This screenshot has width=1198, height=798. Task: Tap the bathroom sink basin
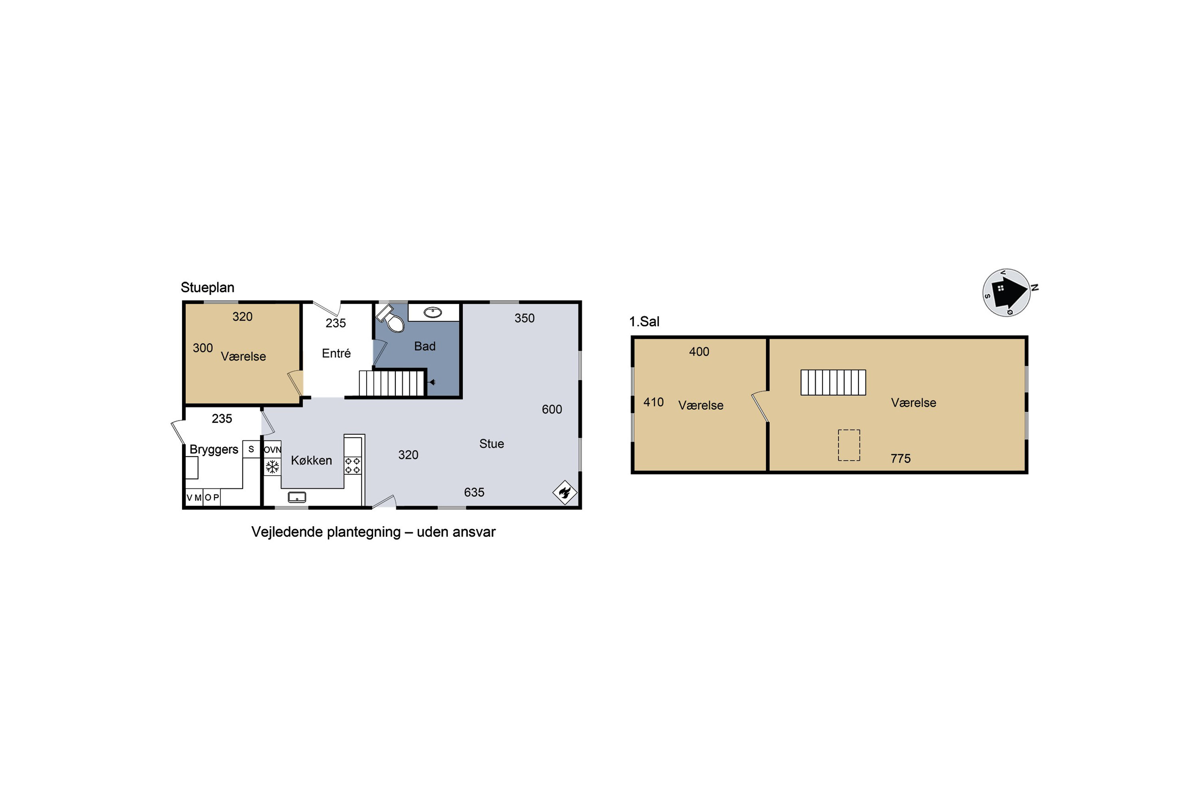433,312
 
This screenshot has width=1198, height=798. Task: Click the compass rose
1007,292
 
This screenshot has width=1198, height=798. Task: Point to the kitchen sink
297,497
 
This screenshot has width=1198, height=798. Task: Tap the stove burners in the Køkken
353,465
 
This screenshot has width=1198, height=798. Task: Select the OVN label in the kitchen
272,449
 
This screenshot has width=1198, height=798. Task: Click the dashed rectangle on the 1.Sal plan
849,445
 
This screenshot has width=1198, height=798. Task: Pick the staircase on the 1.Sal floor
833,382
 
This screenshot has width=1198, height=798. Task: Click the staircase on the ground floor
392,383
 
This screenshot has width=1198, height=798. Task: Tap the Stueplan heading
207,288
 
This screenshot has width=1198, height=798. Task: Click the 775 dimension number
900,458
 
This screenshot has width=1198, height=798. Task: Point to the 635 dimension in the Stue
474,492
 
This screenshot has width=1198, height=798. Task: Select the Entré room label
336,353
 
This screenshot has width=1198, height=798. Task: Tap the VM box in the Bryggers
194,497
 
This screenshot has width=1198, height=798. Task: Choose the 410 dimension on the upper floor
653,402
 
